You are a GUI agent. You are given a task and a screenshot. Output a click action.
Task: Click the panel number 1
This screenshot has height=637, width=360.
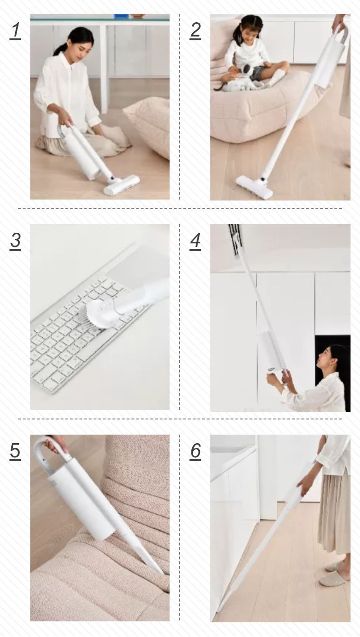point(15,30)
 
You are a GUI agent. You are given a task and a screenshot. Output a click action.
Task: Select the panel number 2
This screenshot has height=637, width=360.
point(195,30)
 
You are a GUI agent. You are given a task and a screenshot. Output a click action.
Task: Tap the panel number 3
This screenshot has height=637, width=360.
point(15,241)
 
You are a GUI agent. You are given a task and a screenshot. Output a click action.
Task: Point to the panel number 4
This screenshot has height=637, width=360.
point(195,241)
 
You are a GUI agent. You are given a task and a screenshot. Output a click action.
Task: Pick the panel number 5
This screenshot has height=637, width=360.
point(15,451)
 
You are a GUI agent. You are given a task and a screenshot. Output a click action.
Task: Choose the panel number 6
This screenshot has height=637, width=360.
point(195,451)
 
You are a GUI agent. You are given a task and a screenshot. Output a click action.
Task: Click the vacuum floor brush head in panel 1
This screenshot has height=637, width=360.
point(121,185)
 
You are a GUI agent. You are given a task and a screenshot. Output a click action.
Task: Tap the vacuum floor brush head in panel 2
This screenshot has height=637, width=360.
point(254,187)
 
